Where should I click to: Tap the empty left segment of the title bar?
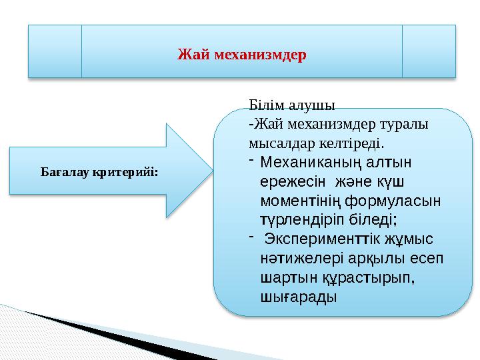[x=54, y=51]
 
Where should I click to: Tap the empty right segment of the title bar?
[x=429, y=51]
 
